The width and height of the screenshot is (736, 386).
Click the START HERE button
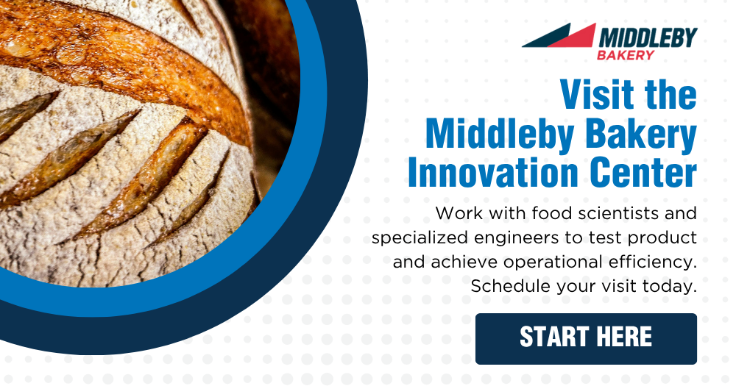tap(586, 338)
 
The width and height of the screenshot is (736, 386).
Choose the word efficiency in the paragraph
tap(651, 262)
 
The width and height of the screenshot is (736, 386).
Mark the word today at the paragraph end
tap(670, 286)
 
